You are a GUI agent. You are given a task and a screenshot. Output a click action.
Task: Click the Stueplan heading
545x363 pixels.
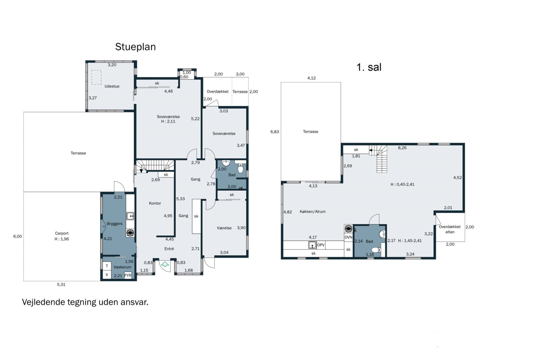[135, 47]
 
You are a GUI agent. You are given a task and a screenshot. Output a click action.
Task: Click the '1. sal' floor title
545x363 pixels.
[369, 67]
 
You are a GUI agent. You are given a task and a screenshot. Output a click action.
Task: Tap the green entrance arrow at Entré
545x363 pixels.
[165, 264]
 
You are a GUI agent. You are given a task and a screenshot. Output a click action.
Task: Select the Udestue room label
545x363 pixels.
[112, 86]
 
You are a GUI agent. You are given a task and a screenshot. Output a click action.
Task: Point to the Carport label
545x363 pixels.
[62, 233]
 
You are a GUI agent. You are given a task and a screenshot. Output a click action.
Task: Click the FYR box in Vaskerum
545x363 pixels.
[128, 275]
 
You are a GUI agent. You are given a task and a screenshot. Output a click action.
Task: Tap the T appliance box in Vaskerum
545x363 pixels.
[107, 266]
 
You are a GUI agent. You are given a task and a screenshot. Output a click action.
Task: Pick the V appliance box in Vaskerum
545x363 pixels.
[107, 275]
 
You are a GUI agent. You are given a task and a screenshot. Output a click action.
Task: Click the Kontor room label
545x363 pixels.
[155, 203]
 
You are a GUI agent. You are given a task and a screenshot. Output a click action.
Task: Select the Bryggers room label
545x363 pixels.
[115, 224]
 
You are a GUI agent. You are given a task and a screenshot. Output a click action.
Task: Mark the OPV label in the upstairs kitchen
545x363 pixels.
[321, 245]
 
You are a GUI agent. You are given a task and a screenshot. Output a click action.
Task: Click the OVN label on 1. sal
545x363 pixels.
[348, 237]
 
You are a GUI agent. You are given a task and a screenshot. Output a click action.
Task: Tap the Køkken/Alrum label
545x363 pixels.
[313, 212]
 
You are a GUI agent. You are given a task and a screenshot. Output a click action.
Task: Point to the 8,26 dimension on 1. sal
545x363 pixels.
[402, 148]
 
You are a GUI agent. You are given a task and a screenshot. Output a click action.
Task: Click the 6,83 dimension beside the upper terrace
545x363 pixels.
[275, 132]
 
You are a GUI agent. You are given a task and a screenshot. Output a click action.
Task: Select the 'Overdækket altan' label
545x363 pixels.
[450, 229]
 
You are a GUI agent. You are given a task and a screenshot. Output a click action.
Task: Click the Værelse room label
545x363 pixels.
[224, 228]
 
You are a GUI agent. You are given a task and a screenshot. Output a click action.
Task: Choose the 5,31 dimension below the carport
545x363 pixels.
[61, 285]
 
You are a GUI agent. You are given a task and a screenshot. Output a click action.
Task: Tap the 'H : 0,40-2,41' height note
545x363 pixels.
[402, 184]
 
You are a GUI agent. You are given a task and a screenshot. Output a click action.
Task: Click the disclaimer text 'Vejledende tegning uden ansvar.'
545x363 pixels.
[85, 302]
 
